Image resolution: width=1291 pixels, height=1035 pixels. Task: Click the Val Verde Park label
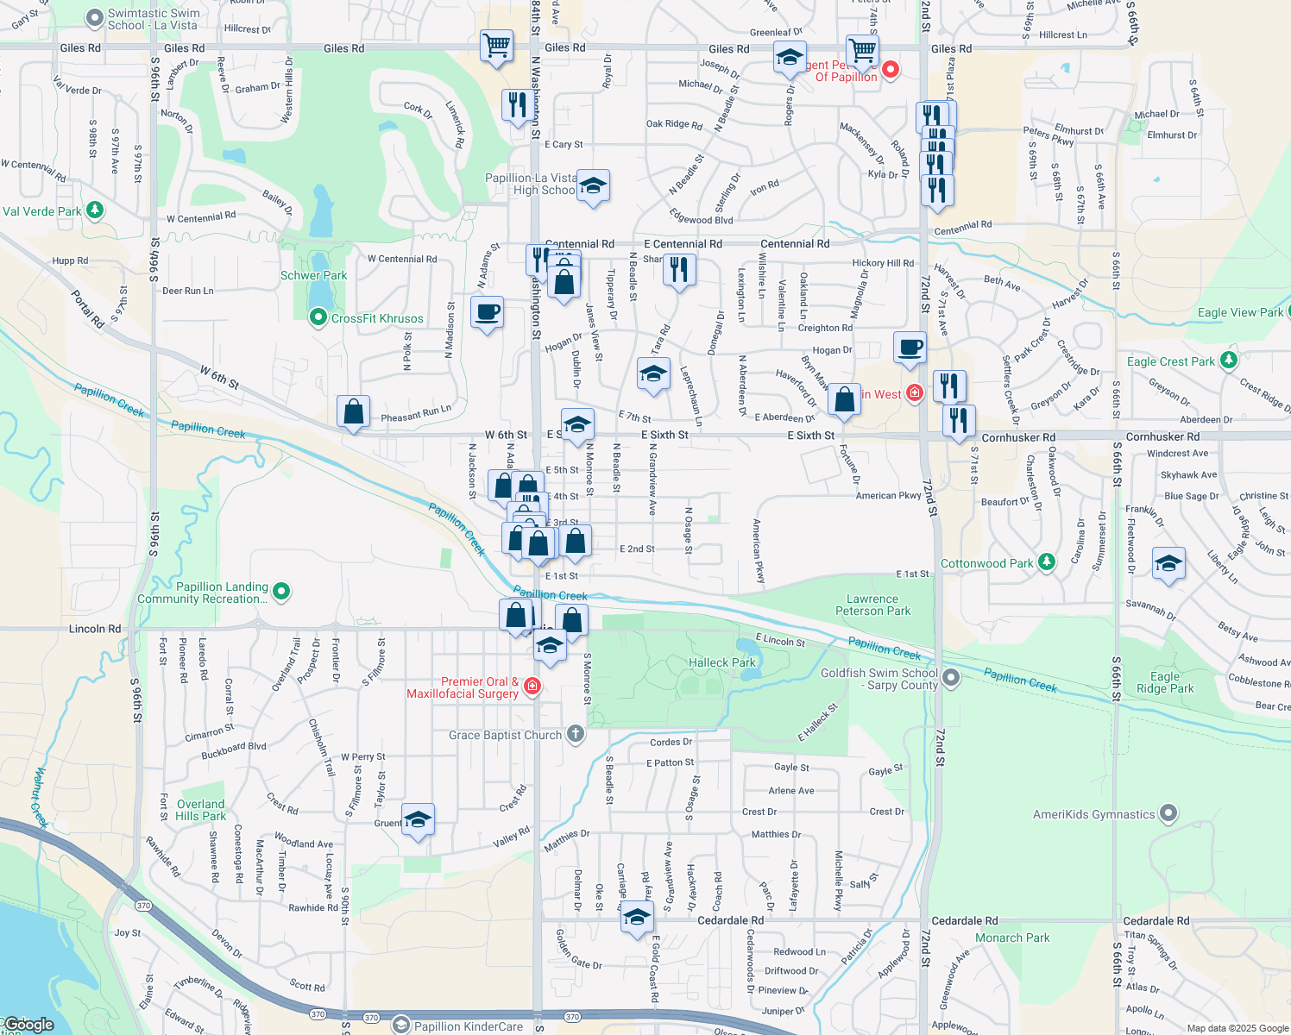[41, 211]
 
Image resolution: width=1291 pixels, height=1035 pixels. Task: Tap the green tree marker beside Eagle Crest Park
[1229, 360]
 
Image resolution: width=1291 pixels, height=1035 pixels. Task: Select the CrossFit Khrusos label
[377, 318]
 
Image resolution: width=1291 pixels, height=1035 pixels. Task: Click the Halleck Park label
[721, 662]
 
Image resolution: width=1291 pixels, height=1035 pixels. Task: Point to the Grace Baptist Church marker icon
[576, 734]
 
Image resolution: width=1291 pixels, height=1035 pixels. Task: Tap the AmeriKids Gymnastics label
[1093, 814]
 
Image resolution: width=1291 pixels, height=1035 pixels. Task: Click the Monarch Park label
[1012, 938]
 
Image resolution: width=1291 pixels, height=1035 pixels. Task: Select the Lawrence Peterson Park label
[872, 605]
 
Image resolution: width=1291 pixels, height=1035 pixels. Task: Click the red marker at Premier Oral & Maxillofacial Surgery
[532, 687]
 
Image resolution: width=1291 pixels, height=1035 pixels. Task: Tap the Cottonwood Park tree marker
[1047, 562]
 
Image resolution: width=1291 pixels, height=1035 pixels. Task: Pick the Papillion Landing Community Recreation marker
[280, 592]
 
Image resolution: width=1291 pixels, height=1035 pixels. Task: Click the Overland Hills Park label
[200, 810]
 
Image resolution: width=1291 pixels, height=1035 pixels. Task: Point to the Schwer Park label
[313, 275]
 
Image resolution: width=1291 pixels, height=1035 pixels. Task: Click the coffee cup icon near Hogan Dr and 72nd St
[910, 348]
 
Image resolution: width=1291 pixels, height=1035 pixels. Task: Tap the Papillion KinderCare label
[468, 1026]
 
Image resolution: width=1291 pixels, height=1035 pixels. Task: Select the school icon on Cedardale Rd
[637, 917]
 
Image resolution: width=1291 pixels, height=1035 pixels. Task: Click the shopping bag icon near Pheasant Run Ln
[354, 412]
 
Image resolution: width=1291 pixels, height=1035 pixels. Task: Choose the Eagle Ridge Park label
[1164, 682]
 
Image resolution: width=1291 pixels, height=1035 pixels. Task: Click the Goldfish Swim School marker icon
[951, 678]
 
